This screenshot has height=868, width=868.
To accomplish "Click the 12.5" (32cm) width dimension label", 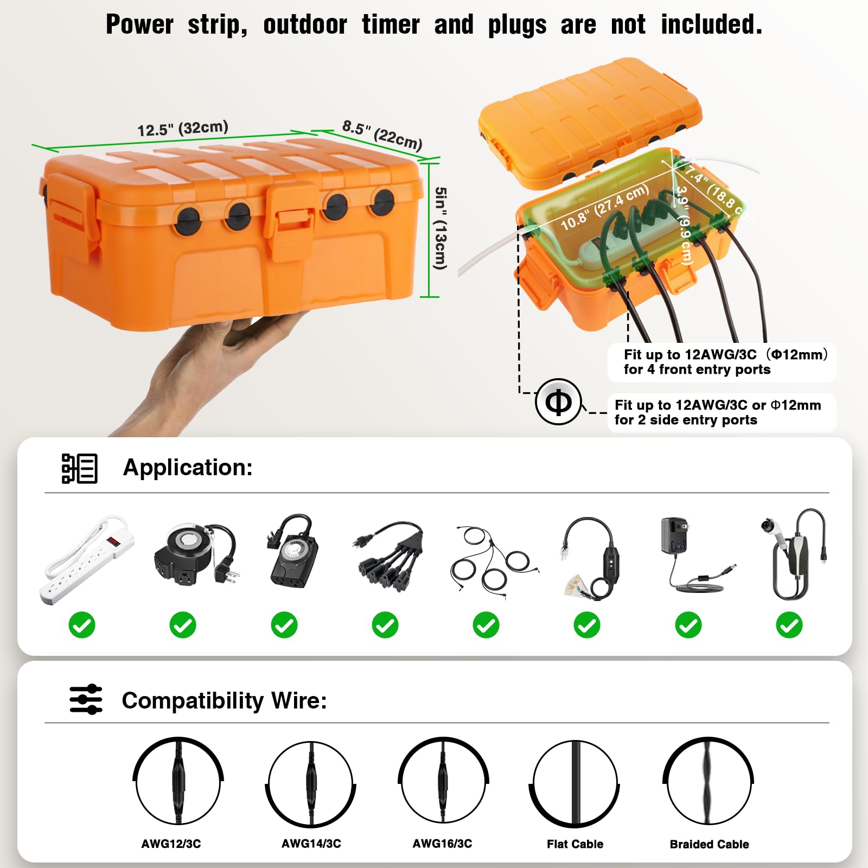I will pyautogui.click(x=182, y=129).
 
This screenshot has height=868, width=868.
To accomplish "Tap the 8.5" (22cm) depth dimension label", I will pyautogui.click(x=382, y=135).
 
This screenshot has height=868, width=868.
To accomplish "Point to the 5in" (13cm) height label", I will pyautogui.click(x=441, y=228).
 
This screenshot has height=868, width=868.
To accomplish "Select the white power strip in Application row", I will pyautogui.click(x=87, y=559).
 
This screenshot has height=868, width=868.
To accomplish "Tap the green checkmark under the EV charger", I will pyautogui.click(x=789, y=625).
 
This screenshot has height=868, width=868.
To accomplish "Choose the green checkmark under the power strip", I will pyautogui.click(x=82, y=625).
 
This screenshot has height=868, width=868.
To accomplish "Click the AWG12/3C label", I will pyautogui.click(x=171, y=844).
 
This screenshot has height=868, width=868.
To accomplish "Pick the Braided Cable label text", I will pyautogui.click(x=709, y=844).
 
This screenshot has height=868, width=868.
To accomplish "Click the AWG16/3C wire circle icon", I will pyautogui.click(x=443, y=782).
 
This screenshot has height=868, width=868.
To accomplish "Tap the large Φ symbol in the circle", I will pyautogui.click(x=558, y=402).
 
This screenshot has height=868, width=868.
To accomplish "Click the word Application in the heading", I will pyautogui.click(x=188, y=468).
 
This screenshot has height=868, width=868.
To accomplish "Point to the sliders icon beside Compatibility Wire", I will pyautogui.click(x=86, y=699).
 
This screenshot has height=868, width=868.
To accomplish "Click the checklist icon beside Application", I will pyautogui.click(x=79, y=468).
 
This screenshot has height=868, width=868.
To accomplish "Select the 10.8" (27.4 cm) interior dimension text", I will pyautogui.click(x=604, y=207).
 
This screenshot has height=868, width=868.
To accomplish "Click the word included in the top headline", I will pyautogui.click(x=711, y=25).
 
